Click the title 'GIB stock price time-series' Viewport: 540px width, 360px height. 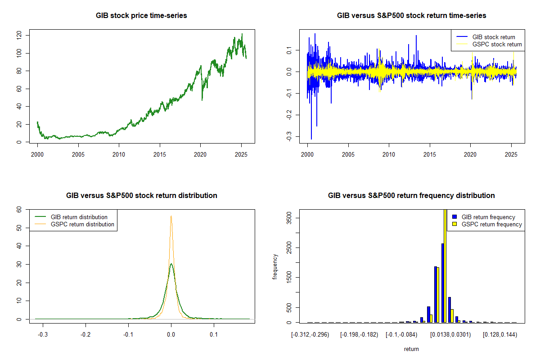pos(141,16)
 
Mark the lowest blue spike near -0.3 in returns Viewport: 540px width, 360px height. pos(311,139)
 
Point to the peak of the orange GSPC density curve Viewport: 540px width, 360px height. pos(171,216)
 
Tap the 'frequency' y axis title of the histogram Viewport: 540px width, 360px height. pos(275,266)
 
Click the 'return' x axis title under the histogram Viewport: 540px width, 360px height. pos(411,349)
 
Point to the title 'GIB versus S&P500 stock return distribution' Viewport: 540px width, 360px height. pos(141,196)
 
